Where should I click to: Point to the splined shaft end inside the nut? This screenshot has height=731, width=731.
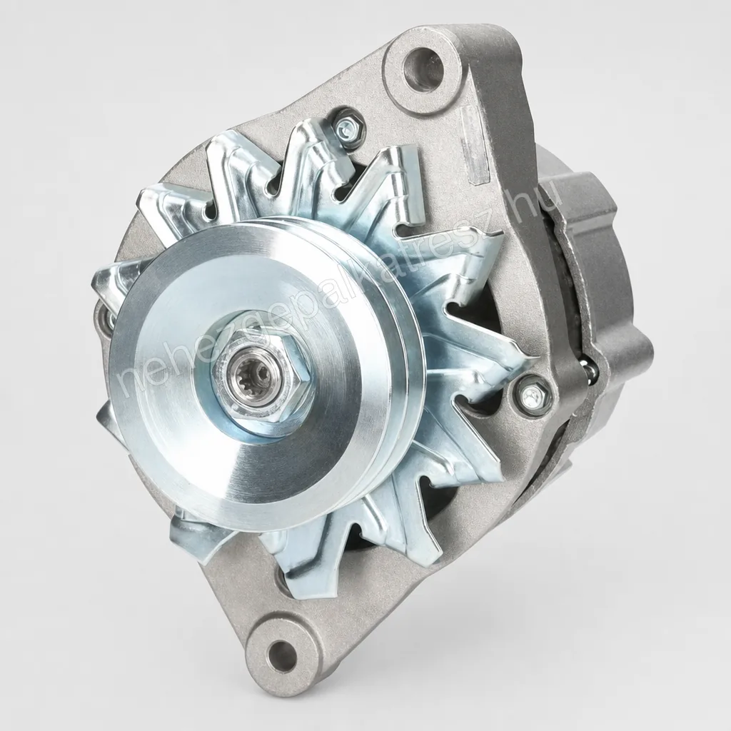click(252, 374)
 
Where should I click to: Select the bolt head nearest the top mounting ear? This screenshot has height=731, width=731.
click(348, 125)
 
